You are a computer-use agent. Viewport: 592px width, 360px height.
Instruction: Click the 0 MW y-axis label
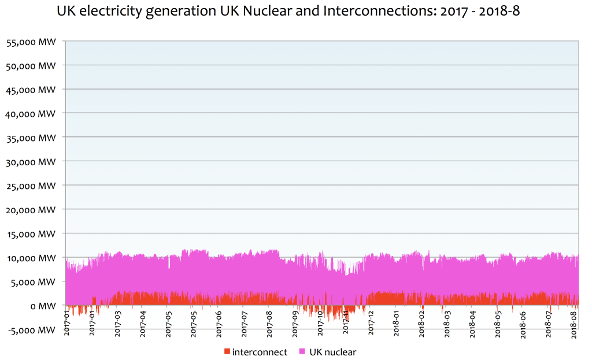pyautogui.click(x=44, y=306)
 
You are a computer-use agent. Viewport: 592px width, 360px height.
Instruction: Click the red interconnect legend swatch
pyautogui.click(x=227, y=351)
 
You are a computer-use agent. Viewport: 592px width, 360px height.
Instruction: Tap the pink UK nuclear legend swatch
pyautogui.click(x=302, y=351)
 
